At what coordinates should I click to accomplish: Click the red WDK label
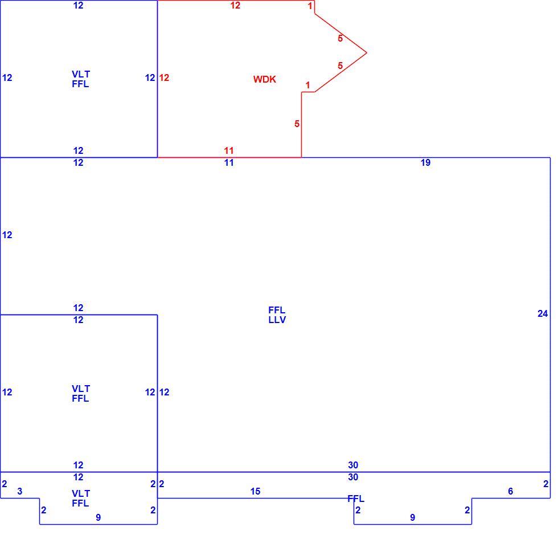tap(264, 79)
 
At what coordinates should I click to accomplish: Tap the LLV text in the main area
tap(277, 320)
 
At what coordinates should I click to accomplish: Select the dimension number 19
tap(425, 162)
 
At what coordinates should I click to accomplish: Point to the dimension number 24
tap(542, 313)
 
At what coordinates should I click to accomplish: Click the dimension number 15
tap(255, 491)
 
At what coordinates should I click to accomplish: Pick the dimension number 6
tap(510, 491)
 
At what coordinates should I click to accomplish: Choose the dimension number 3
tap(19, 491)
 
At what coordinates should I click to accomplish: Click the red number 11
tap(228, 150)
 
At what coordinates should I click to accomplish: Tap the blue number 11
tap(228, 162)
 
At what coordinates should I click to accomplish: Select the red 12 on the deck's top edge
tap(235, 5)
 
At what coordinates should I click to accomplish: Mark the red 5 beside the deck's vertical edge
tap(297, 124)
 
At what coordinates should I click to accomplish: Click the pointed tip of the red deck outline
tap(367, 53)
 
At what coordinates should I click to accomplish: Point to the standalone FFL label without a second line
tap(356, 499)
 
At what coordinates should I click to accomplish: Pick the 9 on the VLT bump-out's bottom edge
tap(98, 517)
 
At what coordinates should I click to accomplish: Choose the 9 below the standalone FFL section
tap(412, 517)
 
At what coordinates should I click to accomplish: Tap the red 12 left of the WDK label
tap(164, 77)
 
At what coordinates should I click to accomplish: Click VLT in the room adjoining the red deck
tap(81, 74)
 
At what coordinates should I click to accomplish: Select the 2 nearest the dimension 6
tap(546, 484)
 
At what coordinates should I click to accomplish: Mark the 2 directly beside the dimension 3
tap(5, 484)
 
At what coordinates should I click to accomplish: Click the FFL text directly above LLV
tap(277, 310)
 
